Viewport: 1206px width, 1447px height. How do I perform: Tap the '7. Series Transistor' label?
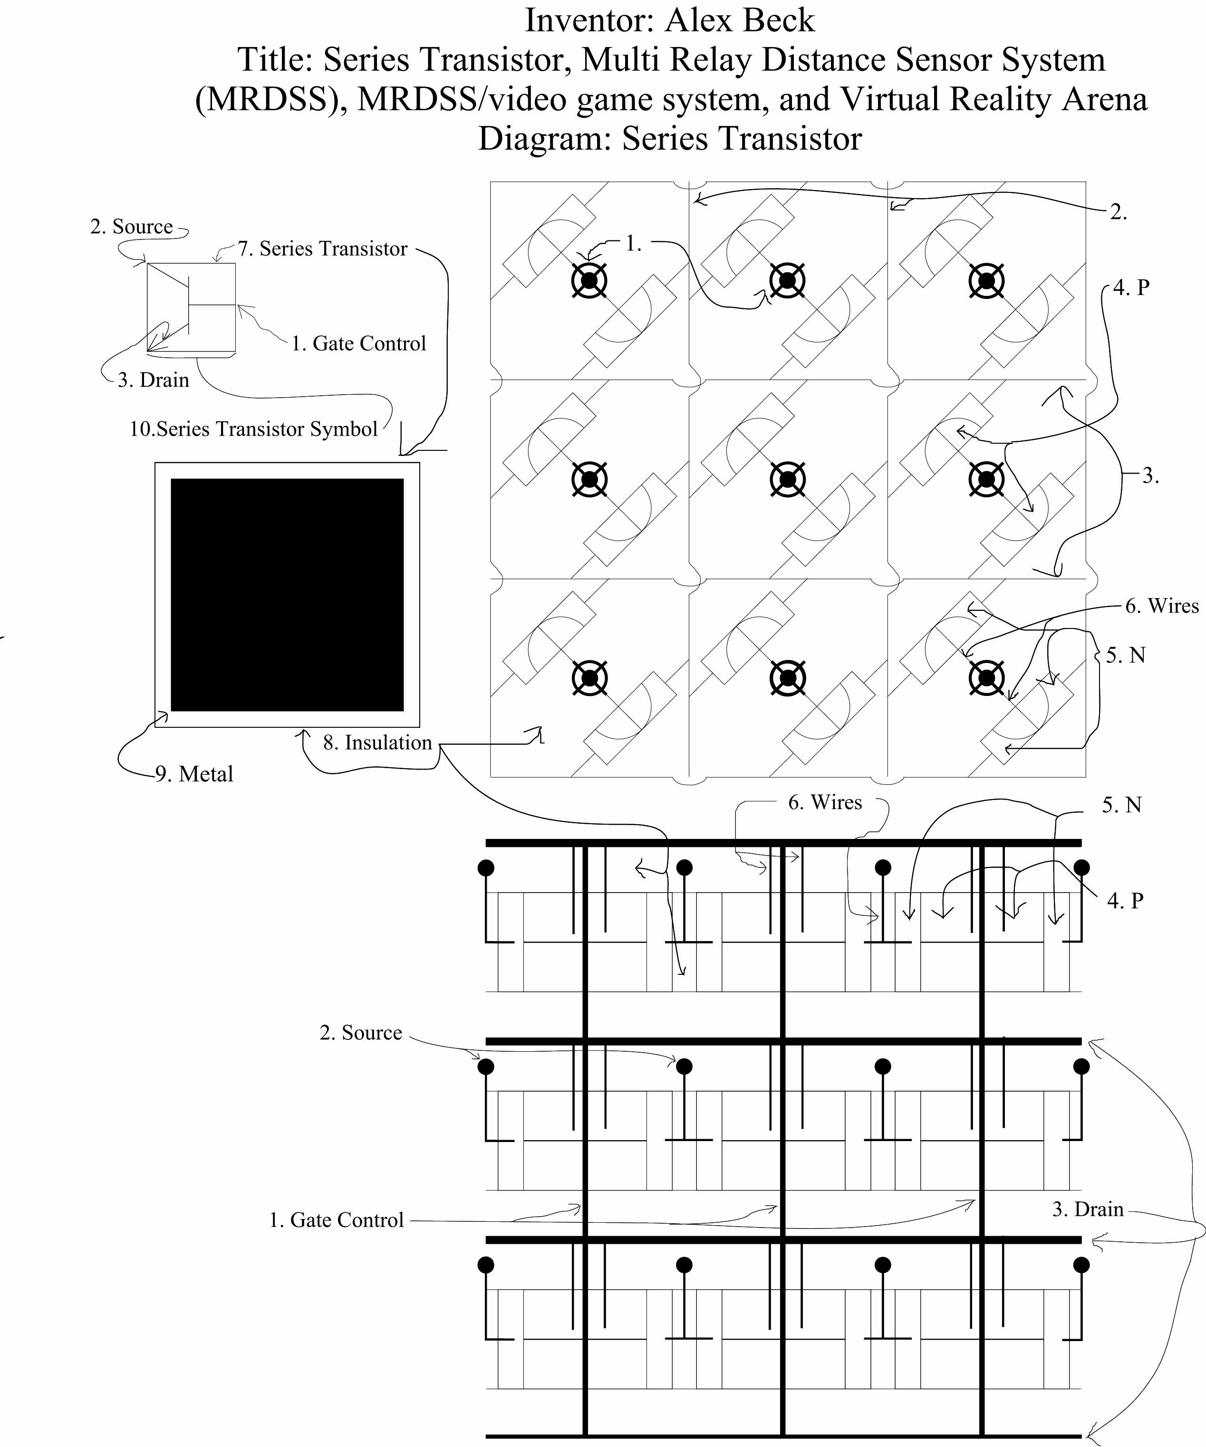[323, 249]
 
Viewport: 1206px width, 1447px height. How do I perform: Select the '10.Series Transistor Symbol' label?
[254, 429]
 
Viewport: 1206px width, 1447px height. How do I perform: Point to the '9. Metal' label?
[194, 774]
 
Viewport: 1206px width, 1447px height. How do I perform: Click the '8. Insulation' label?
[377, 743]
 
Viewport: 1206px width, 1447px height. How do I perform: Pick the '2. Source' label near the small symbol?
[132, 227]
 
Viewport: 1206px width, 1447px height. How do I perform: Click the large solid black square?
[287, 595]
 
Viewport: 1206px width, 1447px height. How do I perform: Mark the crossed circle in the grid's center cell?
[788, 480]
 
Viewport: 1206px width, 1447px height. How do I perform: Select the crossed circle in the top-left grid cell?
[589, 280]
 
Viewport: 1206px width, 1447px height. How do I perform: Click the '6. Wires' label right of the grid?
[1162, 606]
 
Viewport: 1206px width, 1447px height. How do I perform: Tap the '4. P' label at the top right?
[1131, 288]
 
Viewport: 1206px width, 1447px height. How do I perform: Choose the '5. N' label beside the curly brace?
[1125, 655]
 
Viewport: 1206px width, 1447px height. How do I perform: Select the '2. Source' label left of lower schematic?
[361, 1033]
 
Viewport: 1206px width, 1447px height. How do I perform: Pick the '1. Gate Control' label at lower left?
[337, 1220]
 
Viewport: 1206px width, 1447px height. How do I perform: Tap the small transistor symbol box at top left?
[192, 307]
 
